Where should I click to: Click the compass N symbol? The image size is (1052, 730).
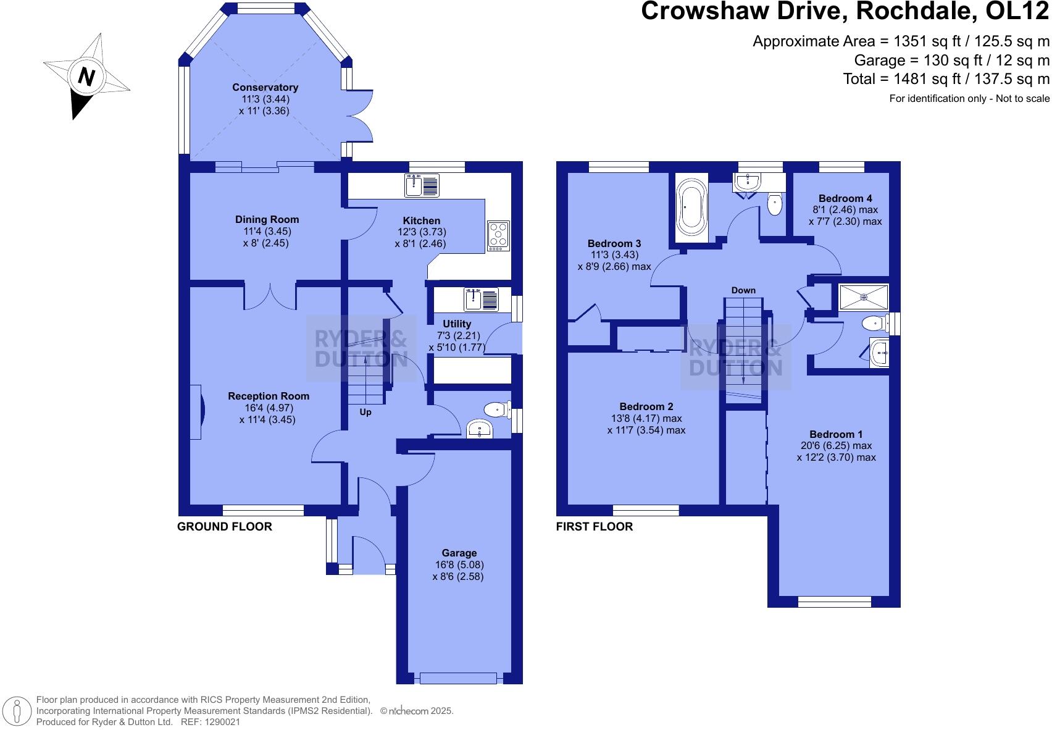point(86,77)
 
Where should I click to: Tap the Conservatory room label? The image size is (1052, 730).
point(265,88)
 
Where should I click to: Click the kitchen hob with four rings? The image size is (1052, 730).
point(498,235)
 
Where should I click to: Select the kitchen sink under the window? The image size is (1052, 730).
point(422,185)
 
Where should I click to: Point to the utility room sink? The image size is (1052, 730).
point(481,300)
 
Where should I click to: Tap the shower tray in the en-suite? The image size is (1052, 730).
point(864,297)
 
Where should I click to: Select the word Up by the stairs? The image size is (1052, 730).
point(365,412)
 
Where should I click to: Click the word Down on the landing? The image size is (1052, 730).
point(743,290)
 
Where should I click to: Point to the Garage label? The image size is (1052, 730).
point(459,553)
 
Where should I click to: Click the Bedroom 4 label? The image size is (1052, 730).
point(845,198)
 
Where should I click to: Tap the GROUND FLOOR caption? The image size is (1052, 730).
point(225,527)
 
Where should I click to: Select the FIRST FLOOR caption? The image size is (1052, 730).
point(594,527)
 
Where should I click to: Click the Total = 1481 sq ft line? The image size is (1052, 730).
point(946,79)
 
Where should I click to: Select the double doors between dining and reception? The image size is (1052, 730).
point(270,296)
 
